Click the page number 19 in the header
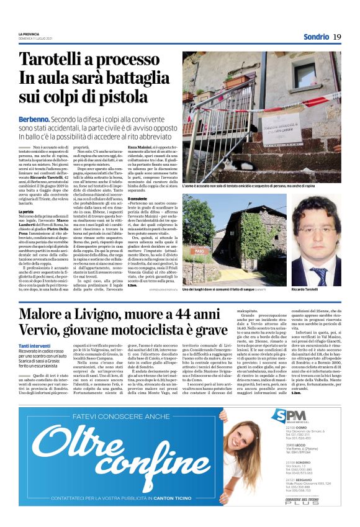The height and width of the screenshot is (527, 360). pyautogui.click(x=336, y=37)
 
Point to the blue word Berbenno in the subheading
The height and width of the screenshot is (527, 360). pyautogui.click(x=35, y=119)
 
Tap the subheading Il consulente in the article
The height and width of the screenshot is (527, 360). pyautogui.click(x=139, y=199)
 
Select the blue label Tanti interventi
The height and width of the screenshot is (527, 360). pyautogui.click(x=35, y=345)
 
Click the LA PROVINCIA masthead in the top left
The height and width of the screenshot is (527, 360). pyautogui.click(x=32, y=34)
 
